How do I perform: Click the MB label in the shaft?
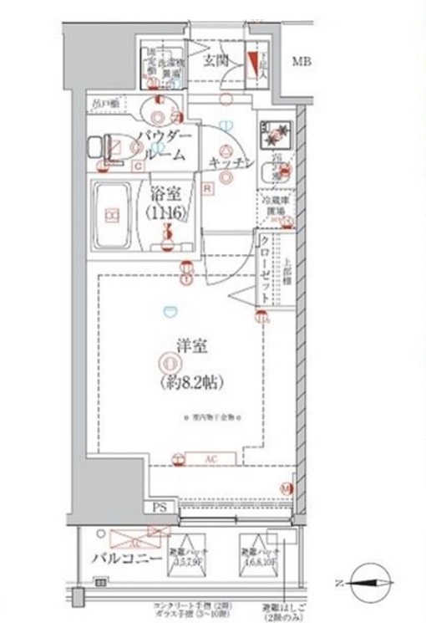[302, 61]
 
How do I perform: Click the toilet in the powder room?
[110, 149]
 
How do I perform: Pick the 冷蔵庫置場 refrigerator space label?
[272, 206]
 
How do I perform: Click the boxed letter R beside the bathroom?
[206, 189]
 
